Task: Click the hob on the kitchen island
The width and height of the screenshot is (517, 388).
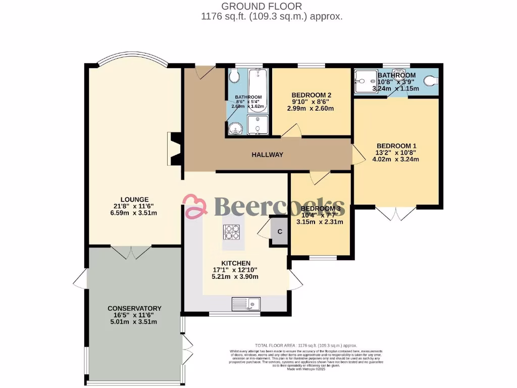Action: [x=232, y=231]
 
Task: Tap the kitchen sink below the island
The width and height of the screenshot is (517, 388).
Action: [x=246, y=304]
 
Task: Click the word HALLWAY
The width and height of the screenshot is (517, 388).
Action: [x=268, y=155]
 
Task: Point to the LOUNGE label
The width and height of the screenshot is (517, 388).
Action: [x=134, y=199]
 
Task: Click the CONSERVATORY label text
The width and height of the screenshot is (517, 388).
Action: [x=134, y=308]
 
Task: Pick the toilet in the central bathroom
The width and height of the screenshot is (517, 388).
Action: [x=234, y=77]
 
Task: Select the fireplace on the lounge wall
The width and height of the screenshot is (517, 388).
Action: [x=175, y=149]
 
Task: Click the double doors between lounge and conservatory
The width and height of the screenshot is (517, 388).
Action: [x=131, y=252]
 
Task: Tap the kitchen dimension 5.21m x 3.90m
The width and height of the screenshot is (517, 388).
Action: [x=236, y=276]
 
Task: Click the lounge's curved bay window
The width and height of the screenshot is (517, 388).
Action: [x=134, y=58]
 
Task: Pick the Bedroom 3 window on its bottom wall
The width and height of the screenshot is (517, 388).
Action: [x=323, y=258]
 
